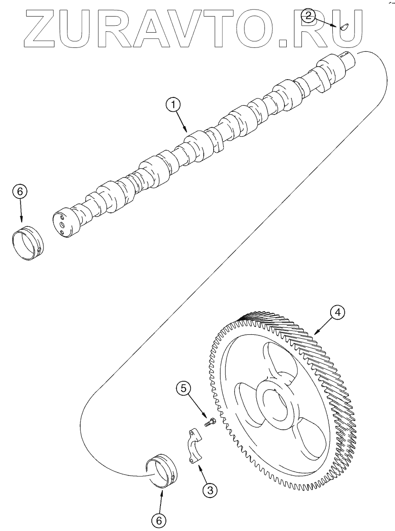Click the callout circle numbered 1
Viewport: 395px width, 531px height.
point(174,104)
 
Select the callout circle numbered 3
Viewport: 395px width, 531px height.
point(210,490)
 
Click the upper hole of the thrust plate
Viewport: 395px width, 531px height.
point(192,433)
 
